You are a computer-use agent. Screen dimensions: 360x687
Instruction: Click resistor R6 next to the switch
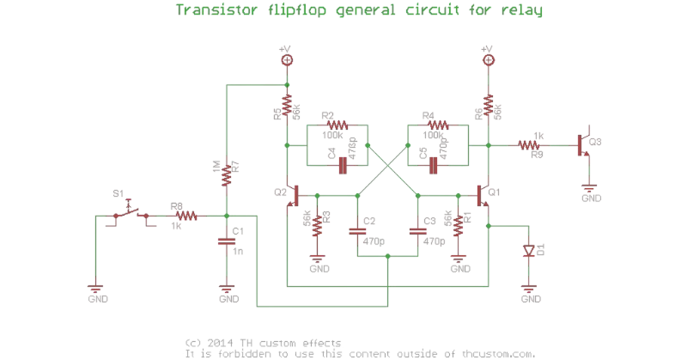click(183, 216)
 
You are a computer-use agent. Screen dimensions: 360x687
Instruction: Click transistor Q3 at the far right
click(583, 146)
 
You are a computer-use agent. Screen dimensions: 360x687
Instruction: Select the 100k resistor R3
click(336, 125)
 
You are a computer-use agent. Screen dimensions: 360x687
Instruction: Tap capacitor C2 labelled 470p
click(357, 230)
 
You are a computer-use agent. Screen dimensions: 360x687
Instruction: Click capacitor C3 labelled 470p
click(417, 230)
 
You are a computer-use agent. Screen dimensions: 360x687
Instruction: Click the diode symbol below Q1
click(530, 251)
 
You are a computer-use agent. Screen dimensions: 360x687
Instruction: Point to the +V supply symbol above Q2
click(287, 59)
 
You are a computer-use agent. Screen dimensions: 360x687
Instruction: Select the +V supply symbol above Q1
click(487, 59)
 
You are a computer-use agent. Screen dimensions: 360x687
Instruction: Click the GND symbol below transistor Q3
click(588, 189)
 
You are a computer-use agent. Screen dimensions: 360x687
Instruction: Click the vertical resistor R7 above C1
click(226, 174)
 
